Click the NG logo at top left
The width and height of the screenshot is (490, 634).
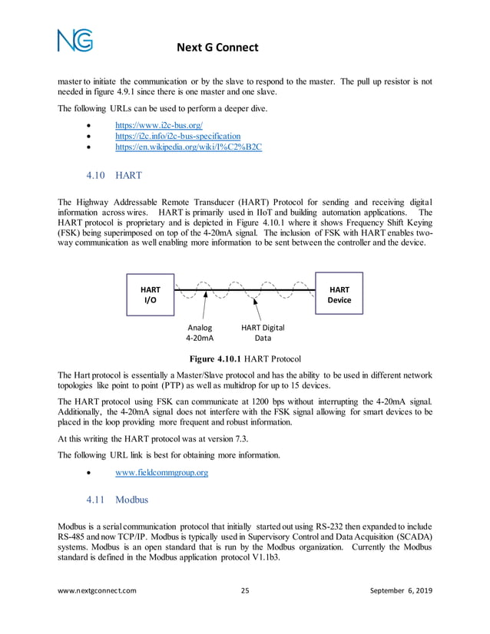74,39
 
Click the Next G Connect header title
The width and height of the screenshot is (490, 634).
217,48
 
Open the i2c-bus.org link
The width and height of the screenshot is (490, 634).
158,124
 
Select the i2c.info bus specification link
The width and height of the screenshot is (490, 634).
177,135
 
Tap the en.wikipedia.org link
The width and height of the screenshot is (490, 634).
188,147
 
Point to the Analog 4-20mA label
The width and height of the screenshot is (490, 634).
200,332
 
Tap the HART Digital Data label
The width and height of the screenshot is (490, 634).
263,332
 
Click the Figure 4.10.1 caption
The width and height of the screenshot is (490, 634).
245,358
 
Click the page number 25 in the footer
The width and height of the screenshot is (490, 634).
245,612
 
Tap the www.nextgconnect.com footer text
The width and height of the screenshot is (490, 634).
98,612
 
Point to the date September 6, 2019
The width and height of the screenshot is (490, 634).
391,612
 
